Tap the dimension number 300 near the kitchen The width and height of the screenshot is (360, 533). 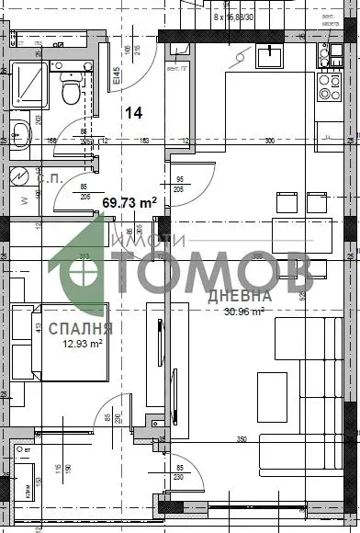coord(269,142)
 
